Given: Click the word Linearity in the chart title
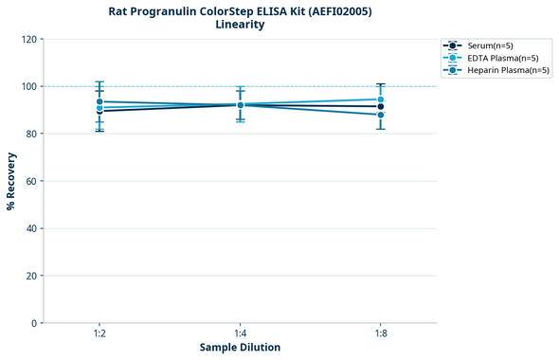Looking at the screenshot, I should (240, 25).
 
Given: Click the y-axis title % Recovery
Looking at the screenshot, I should (11, 181).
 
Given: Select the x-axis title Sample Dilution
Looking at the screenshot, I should (240, 348).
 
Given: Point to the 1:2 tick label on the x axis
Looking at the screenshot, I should (99, 333).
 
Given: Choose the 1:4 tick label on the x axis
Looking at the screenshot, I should (240, 333).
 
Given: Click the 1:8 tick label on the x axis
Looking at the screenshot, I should (381, 333).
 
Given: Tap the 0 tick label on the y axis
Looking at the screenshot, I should (33, 323).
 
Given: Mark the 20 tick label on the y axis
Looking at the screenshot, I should (30, 276).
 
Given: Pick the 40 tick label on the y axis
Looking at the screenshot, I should (30, 228).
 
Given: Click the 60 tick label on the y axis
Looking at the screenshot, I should (30, 181).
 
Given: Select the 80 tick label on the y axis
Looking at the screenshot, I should (30, 134).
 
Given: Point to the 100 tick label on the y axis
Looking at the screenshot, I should (27, 86).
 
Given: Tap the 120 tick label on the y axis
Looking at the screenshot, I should (27, 39).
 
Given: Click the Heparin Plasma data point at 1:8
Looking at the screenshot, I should (381, 115).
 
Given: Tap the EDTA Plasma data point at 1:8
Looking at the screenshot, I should (381, 99).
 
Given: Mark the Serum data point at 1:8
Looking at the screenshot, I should (381, 107).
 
